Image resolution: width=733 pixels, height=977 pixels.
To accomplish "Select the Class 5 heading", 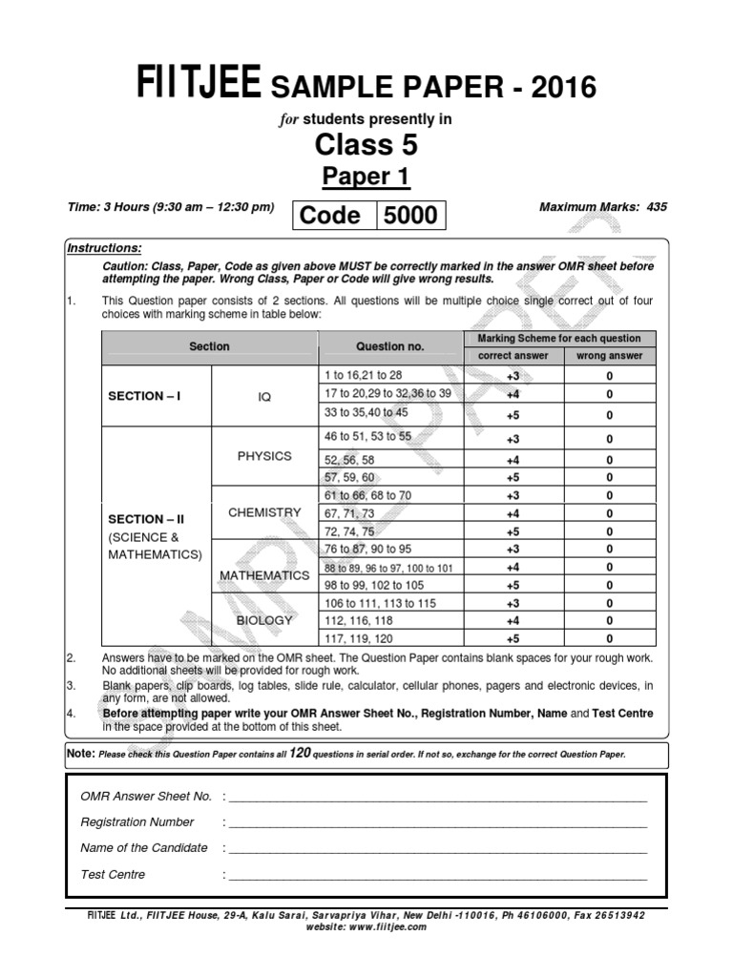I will [x=366, y=145].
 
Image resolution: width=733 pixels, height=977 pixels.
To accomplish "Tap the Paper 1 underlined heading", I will [x=366, y=177].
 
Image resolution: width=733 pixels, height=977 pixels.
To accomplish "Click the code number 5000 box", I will [x=410, y=216].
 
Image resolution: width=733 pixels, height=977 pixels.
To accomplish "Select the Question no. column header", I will [x=389, y=346].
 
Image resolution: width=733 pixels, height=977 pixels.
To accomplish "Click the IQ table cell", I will [x=264, y=396].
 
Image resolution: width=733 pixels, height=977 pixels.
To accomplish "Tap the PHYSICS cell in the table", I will [x=264, y=456].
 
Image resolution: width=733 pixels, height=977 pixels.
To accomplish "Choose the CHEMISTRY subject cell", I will [x=264, y=512].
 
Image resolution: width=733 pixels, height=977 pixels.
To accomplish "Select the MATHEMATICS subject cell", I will [x=264, y=575].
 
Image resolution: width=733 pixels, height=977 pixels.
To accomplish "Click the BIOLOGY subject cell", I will [x=264, y=620].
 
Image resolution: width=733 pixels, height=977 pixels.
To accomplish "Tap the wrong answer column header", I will [x=609, y=356].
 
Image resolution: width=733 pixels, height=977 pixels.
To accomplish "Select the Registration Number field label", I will [x=137, y=821].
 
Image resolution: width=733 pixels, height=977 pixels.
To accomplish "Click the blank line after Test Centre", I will [x=437, y=875].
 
